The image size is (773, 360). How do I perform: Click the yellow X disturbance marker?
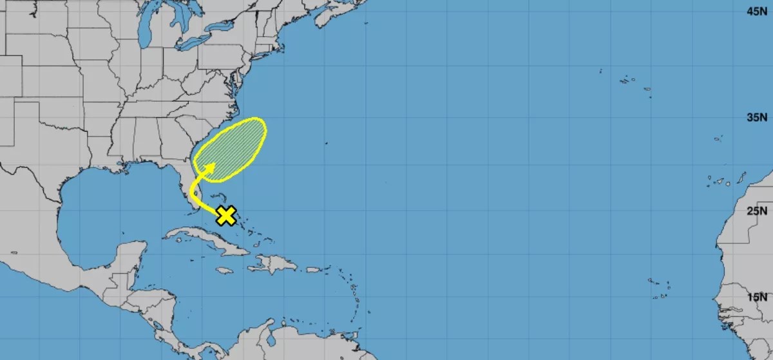(x=225, y=215)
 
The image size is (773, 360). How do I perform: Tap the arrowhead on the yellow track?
(x=210, y=167)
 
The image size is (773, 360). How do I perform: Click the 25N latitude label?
(x=756, y=211)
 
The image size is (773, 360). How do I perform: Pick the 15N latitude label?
(x=756, y=297)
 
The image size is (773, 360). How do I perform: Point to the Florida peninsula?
(x=191, y=190)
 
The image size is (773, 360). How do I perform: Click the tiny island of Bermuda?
(x=326, y=143)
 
